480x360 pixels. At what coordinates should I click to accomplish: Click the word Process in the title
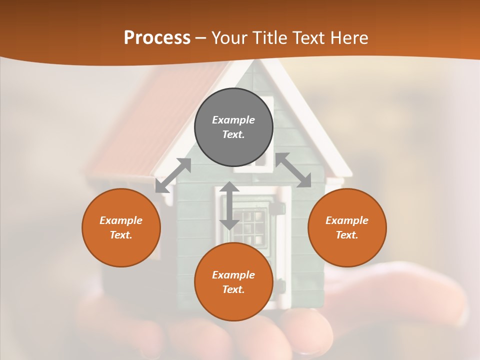[157, 38]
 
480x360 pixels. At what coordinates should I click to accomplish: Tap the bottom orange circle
[233, 304]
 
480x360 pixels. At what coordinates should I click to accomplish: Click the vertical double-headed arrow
[229, 205]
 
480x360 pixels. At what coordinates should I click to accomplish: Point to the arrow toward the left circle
[173, 175]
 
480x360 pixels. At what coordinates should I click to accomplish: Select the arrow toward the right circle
[293, 170]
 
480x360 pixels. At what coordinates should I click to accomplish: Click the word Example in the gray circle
[233, 120]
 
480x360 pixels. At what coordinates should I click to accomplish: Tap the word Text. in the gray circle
[233, 134]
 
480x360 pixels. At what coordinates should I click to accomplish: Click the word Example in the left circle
[121, 220]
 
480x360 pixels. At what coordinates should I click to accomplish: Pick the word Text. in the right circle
[347, 235]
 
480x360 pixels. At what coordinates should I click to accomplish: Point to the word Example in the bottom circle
[233, 275]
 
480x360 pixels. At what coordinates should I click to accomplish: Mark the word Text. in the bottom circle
[233, 289]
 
